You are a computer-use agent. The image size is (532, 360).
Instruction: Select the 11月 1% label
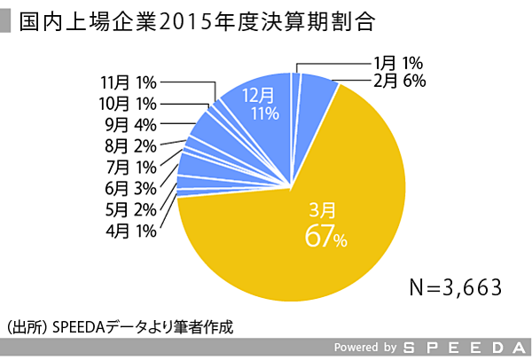point(129,82)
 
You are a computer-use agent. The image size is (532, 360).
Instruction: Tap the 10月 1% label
point(129,103)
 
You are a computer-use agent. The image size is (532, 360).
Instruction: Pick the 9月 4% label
point(129,124)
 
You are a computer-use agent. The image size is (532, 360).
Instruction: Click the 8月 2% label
point(129,145)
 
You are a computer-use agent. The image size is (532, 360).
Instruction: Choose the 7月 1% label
point(129,167)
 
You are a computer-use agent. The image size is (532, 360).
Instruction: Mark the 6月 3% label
point(129,188)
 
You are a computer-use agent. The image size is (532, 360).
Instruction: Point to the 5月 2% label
point(129,209)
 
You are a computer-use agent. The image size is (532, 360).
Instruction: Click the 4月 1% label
point(129,231)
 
